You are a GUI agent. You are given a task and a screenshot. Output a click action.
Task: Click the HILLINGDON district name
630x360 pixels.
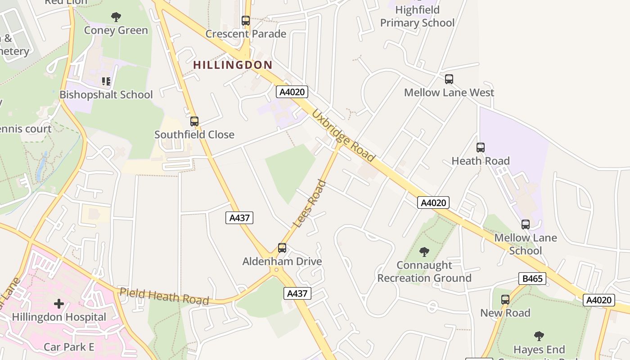[x=233, y=65]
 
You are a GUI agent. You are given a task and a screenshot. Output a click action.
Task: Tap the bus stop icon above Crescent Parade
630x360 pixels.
[x=245, y=20]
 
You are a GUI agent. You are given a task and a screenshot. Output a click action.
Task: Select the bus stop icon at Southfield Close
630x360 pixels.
[x=194, y=121]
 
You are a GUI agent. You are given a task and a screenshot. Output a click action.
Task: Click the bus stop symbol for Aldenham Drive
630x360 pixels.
[x=282, y=248]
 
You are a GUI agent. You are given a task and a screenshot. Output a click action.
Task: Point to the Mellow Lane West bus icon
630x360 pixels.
[x=449, y=79]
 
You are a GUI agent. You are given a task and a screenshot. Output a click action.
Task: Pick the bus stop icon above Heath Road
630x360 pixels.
[x=480, y=147]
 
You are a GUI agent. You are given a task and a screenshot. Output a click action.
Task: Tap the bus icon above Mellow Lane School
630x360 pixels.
[x=525, y=224]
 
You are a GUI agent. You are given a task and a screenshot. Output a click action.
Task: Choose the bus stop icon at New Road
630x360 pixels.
[x=505, y=299]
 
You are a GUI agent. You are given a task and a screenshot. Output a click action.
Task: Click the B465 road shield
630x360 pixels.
[x=532, y=279]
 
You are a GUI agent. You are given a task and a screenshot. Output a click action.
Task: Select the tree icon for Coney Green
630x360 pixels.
[x=116, y=17]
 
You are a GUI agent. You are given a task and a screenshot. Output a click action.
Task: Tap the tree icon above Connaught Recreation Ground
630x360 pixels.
[x=424, y=252]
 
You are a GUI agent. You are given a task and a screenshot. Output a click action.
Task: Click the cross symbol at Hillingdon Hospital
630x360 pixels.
[x=59, y=304]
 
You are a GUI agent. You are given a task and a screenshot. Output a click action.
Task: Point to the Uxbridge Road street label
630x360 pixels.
[x=343, y=135]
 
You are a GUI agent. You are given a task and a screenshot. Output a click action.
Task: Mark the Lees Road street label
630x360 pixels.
[x=309, y=203]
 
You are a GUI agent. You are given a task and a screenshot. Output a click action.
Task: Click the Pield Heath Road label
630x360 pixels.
[x=164, y=296]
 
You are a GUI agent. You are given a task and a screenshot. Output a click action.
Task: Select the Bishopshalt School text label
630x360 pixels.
[x=106, y=94]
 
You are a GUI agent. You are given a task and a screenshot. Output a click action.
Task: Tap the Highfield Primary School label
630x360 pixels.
[x=417, y=16]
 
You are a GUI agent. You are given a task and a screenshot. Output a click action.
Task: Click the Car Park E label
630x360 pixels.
[x=69, y=347]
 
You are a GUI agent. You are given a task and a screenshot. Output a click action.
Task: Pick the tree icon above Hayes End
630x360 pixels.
[x=539, y=336]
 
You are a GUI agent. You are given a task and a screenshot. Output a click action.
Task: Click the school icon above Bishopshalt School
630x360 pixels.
[x=106, y=81]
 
